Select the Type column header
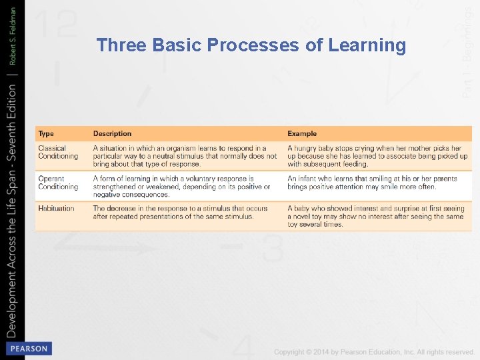pos(46,133)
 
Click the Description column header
pos(112,133)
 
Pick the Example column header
pos(302,133)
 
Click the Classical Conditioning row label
pos(58,152)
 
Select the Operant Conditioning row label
pos(58,183)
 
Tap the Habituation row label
pos(56,209)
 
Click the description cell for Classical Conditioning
pos(184,156)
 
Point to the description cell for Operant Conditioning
pos(181,187)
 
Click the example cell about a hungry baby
pos(377,156)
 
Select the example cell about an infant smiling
pos(372,183)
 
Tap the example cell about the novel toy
pos(375,217)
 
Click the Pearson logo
pos(28,349)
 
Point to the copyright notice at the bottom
pos(373,351)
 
